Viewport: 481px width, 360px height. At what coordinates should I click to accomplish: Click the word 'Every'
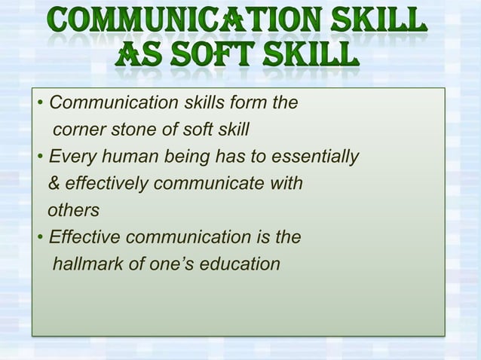(68, 157)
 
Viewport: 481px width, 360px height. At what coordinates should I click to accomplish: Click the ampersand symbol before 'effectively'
(54, 184)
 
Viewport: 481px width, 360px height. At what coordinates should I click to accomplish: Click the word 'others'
(73, 211)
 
